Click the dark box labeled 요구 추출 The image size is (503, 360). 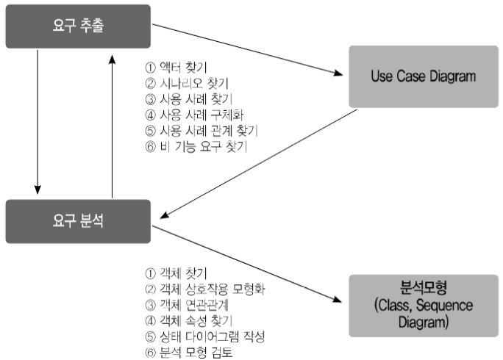(77, 26)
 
